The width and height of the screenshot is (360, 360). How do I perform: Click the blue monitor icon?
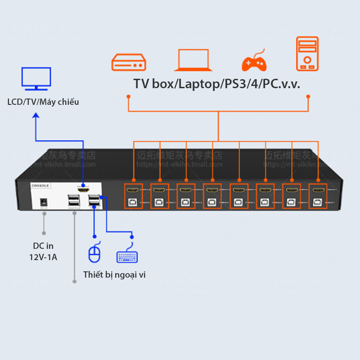click(36, 79)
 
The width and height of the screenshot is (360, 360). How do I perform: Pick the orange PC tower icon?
click(307, 54)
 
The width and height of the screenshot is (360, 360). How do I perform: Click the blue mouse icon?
click(94, 254)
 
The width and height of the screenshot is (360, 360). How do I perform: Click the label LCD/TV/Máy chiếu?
click(43, 102)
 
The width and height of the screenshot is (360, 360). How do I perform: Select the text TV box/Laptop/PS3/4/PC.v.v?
click(216, 84)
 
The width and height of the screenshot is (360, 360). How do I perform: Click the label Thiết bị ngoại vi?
click(114, 274)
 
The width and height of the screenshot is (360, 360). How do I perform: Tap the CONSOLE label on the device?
click(40, 185)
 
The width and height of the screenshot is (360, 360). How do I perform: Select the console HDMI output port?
click(83, 190)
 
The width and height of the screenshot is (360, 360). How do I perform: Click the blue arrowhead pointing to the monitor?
click(36, 116)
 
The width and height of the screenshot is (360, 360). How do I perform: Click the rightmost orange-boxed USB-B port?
click(318, 202)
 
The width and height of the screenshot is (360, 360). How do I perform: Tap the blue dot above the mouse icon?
click(94, 236)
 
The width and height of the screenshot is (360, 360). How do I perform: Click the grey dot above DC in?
click(44, 233)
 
